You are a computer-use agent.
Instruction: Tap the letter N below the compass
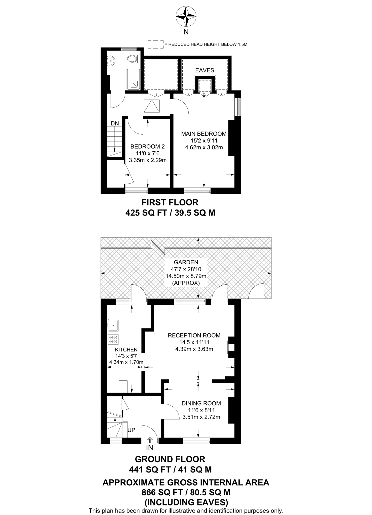pyautogui.click(x=186, y=32)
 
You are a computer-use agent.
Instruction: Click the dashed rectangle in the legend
pyautogui.click(x=155, y=45)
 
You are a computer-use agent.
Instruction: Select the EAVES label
pyautogui.click(x=205, y=70)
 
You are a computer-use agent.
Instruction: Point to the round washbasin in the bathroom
pyautogui.click(x=111, y=61)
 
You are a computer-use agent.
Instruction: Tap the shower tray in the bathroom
pyautogui.click(x=133, y=79)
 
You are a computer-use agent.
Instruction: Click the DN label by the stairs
pyautogui.click(x=115, y=123)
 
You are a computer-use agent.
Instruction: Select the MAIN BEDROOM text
pyautogui.click(x=204, y=134)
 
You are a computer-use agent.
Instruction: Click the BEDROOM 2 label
pyautogui.click(x=148, y=147)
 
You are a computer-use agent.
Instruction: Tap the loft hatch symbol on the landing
pyautogui.click(x=152, y=106)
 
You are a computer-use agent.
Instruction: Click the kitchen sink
pyautogui.click(x=113, y=325)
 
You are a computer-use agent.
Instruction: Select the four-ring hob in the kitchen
pyautogui.click(x=113, y=339)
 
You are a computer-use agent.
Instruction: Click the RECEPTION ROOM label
pyautogui.click(x=194, y=335)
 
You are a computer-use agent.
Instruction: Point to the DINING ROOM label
pyautogui.click(x=201, y=403)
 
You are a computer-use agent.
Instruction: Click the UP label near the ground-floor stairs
pyautogui.click(x=131, y=430)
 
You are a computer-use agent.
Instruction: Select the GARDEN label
pyautogui.click(x=186, y=262)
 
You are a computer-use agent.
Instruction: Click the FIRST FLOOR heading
pyautogui.click(x=170, y=202)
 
